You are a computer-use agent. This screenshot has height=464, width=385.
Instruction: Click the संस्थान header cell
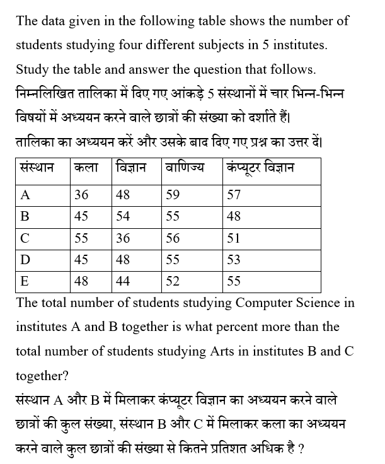coord(37,168)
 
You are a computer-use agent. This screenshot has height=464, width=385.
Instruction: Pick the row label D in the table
coord(25,260)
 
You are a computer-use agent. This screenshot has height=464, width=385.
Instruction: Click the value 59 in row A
coord(173,195)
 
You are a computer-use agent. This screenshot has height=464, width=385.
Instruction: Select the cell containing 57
coord(234,195)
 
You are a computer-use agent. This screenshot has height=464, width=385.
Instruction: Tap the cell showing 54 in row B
coord(124,216)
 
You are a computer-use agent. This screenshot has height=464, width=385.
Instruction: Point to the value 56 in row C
coord(173,238)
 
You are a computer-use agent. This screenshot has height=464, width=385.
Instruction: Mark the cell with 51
coord(234,238)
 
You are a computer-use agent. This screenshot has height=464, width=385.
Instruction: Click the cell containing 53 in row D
coord(234,260)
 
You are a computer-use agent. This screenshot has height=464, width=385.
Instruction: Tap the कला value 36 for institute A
coord(81,195)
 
